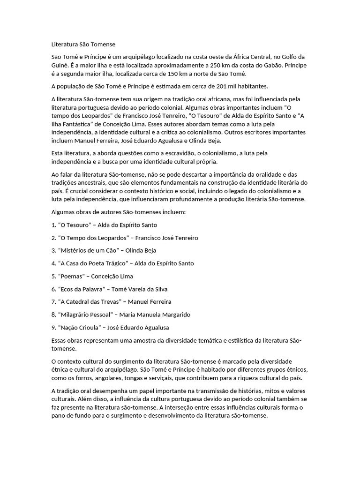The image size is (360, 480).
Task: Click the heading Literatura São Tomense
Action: click(x=83, y=45)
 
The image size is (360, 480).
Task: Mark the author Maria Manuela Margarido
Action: click(x=155, y=315)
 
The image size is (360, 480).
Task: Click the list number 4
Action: click(x=53, y=263)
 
